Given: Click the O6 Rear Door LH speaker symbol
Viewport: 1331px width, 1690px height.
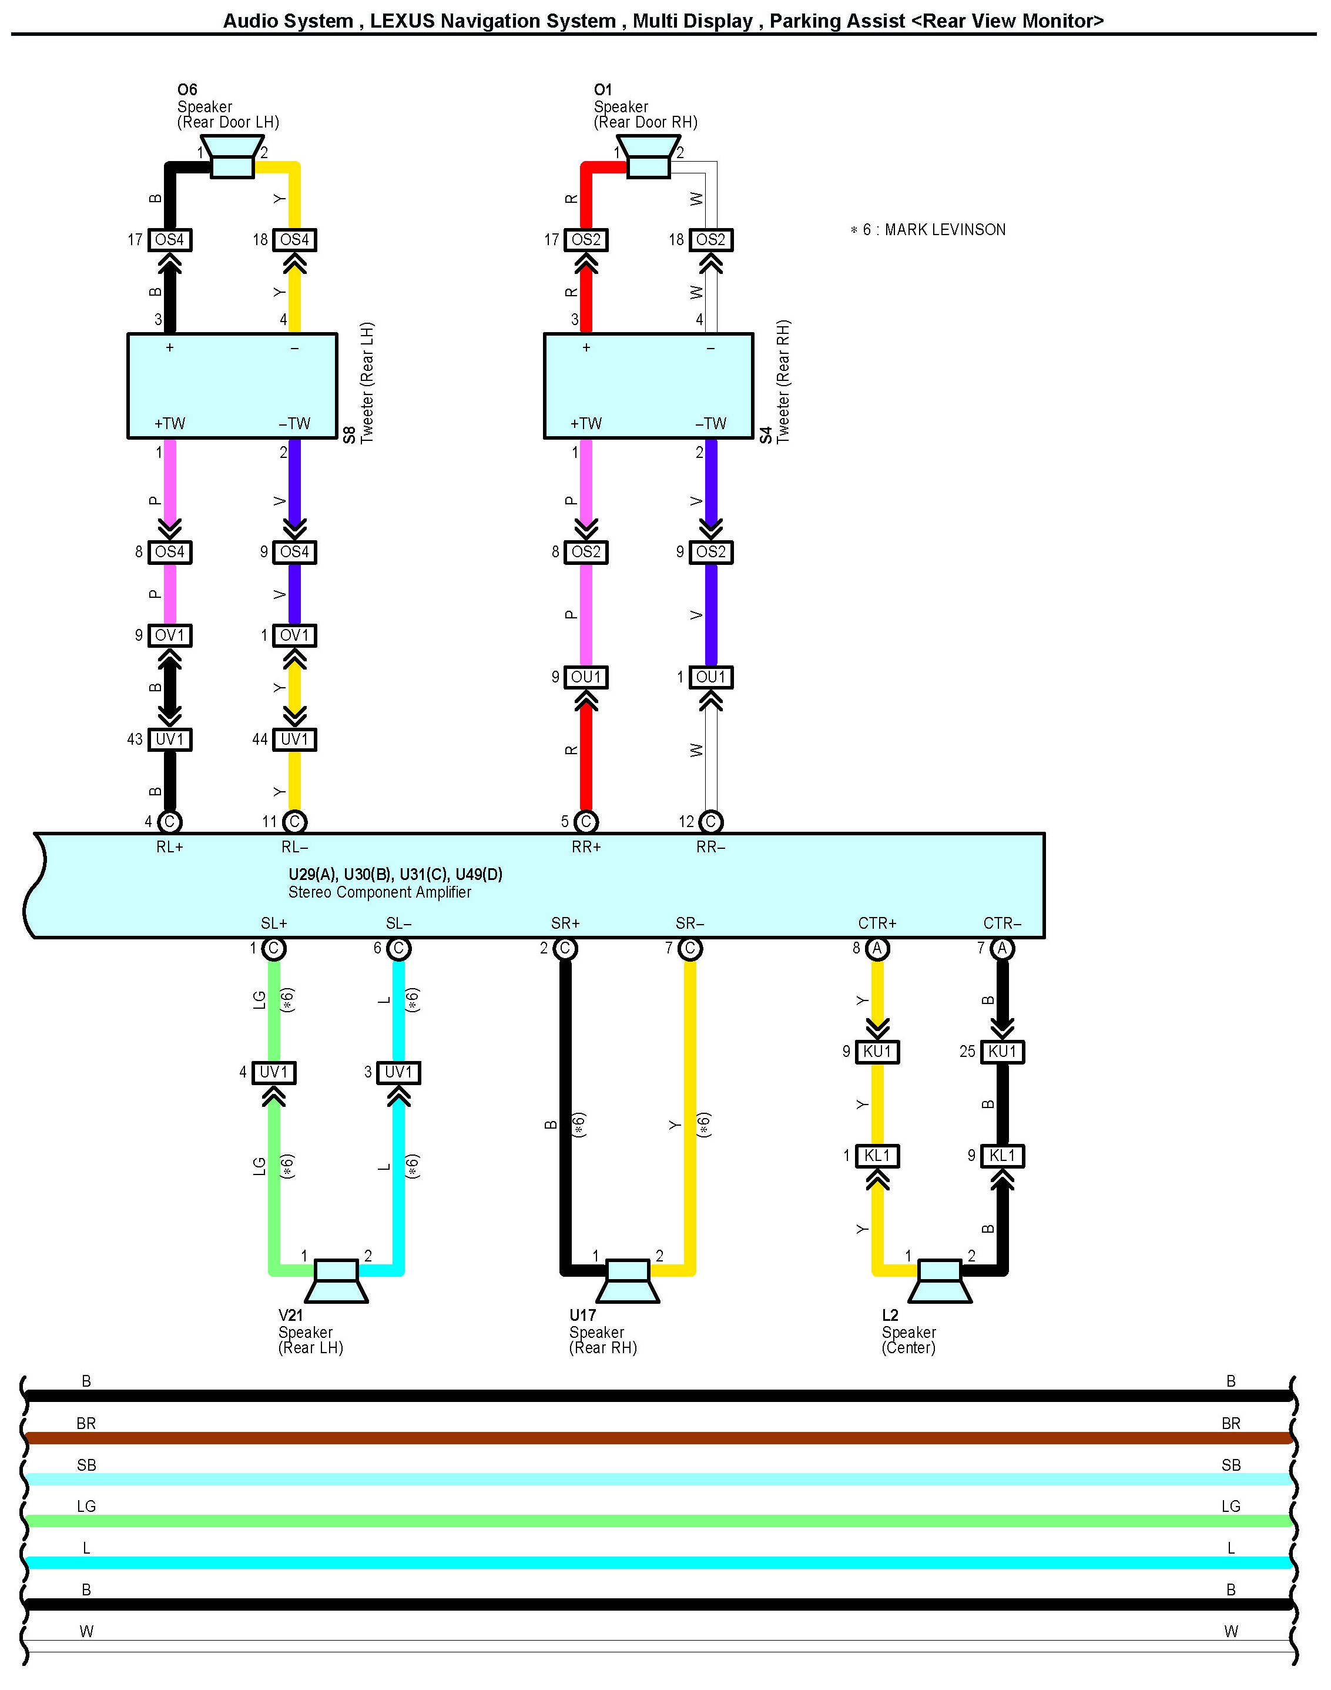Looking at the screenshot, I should tap(232, 158).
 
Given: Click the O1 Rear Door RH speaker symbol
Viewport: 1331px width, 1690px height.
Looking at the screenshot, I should tap(648, 158).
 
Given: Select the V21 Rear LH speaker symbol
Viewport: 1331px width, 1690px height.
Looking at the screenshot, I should tap(336, 1281).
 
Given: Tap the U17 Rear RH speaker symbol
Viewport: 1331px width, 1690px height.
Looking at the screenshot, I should tap(628, 1281).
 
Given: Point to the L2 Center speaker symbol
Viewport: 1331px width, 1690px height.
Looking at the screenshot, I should tap(939, 1281).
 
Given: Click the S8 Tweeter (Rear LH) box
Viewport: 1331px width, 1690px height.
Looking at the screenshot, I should tap(232, 386).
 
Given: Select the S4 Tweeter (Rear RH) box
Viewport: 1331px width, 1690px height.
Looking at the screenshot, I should tap(648, 386).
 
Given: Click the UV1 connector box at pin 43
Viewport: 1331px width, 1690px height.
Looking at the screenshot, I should tap(170, 739).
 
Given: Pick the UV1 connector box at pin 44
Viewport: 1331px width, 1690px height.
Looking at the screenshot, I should tap(294, 739).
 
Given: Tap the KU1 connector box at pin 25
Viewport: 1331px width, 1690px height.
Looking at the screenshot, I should tap(1002, 1052).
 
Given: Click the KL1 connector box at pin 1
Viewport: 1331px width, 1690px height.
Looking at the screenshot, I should tap(877, 1155).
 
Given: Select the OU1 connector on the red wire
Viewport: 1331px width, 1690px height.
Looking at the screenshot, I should tap(586, 677).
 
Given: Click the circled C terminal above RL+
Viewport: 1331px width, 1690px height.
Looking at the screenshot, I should tap(170, 822).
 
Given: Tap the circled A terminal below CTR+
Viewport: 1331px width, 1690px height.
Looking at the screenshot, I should tap(877, 949).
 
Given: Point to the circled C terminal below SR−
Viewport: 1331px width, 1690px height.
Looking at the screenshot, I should tap(690, 949).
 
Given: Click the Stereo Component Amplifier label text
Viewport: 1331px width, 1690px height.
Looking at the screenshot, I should tap(380, 892).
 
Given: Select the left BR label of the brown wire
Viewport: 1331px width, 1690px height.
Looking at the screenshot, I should tap(86, 1423).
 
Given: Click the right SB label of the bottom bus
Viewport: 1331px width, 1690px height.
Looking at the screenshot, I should tap(1231, 1465).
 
